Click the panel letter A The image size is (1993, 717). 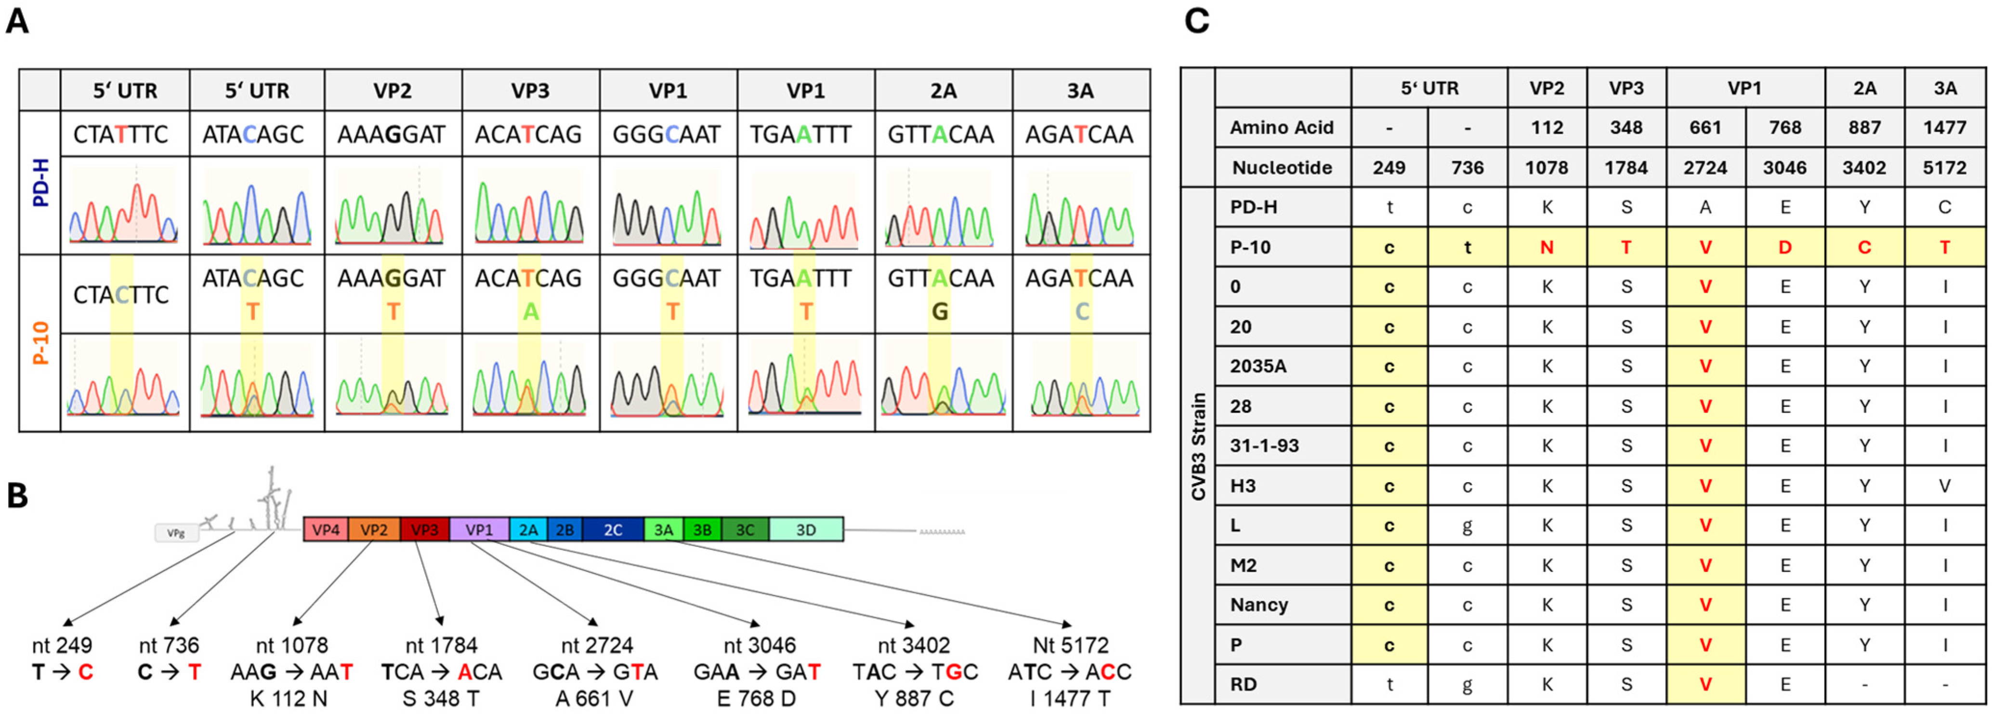coord(17,21)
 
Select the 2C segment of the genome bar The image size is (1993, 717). coord(612,529)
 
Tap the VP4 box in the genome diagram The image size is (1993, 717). coord(326,529)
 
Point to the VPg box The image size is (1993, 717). coord(176,533)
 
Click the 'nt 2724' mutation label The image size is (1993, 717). coord(597,645)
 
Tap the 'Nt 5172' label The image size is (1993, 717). coord(1070,645)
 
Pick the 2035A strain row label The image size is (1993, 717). coord(1258,366)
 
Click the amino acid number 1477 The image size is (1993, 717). coord(1944,128)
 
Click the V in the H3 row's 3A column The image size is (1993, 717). coord(1944,486)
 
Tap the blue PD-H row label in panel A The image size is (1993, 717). coord(40,183)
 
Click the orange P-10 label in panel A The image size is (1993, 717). coord(40,343)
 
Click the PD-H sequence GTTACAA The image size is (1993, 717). coord(941,135)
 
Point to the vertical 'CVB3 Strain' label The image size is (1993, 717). coord(1198,446)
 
